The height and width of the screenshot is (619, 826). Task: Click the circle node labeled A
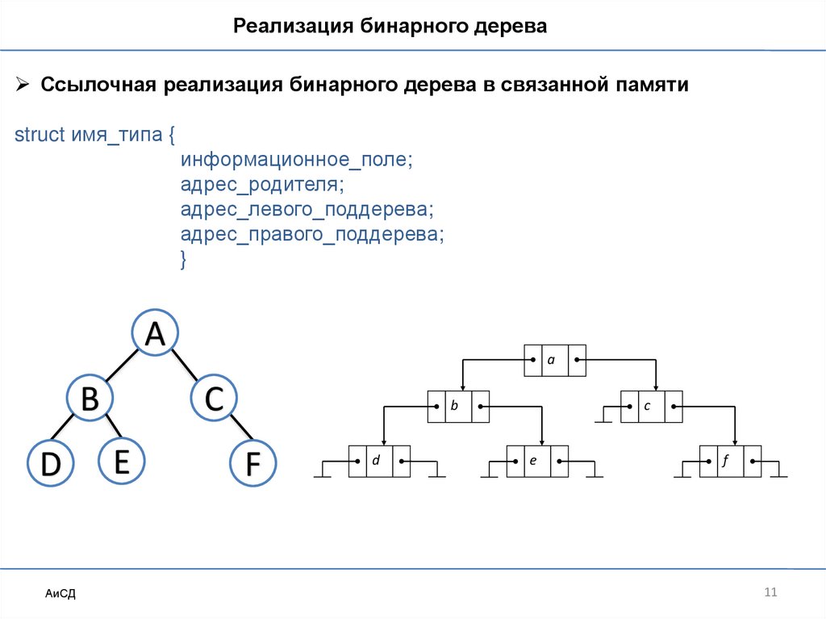click(x=155, y=333)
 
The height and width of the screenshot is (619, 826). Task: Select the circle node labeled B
click(x=90, y=396)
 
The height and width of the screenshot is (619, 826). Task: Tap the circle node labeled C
click(x=214, y=398)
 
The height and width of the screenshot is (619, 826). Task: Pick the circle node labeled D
click(x=50, y=464)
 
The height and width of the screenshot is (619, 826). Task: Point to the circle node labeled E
click(x=121, y=461)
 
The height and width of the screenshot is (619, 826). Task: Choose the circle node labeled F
click(x=252, y=464)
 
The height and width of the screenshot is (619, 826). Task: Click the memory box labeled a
click(x=554, y=361)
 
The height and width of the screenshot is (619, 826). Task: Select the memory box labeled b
click(x=457, y=407)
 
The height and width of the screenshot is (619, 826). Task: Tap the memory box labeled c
click(x=651, y=407)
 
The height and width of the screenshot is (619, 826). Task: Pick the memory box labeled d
click(x=380, y=461)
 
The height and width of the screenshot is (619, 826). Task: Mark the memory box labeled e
click(x=537, y=461)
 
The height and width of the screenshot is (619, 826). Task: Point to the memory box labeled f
click(x=730, y=461)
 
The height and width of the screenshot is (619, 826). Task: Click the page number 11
click(x=770, y=593)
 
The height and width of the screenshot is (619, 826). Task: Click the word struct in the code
click(x=40, y=135)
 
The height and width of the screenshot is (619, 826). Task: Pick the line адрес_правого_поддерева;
click(x=312, y=234)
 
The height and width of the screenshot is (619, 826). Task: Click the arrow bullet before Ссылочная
click(x=23, y=86)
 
